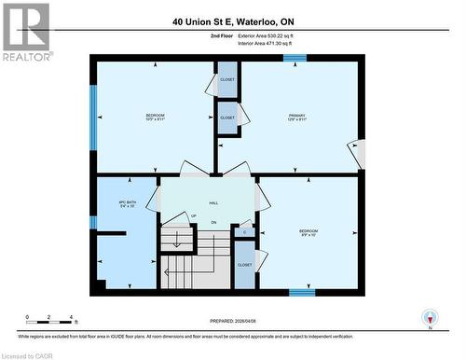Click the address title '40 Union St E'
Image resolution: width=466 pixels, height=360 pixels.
(233, 21)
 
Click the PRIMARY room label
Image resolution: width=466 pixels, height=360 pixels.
(297, 116)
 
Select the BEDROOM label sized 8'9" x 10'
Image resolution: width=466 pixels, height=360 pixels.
(308, 232)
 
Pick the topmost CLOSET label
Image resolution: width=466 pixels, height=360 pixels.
(227, 80)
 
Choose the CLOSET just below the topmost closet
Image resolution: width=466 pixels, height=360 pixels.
(227, 118)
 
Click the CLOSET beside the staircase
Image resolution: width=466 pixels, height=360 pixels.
(244, 265)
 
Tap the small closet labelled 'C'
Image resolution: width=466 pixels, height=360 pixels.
(244, 231)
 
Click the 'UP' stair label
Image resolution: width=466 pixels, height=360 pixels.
(193, 215)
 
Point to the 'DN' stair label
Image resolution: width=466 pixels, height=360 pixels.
(213, 222)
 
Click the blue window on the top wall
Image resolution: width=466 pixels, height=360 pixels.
(295, 58)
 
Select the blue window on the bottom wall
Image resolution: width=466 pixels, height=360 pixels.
(301, 292)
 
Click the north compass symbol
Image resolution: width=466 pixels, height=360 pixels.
(430, 318)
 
